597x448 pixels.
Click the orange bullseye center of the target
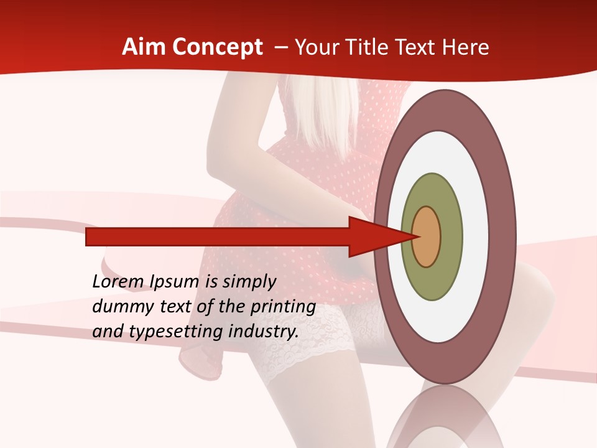click(427, 236)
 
